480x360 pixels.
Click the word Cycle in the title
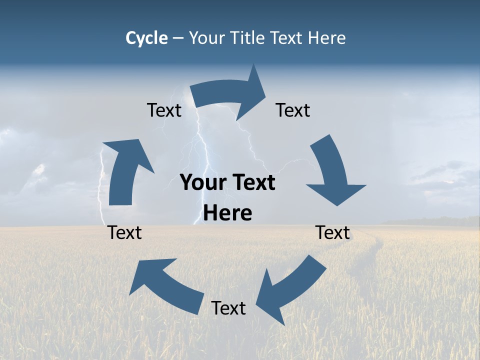click(146, 38)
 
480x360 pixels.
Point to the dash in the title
click(178, 38)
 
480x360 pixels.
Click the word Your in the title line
click(207, 38)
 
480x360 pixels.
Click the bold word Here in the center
click(227, 213)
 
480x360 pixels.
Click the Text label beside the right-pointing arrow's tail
click(164, 110)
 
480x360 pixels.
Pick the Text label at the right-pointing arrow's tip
click(293, 110)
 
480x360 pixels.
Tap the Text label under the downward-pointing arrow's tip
click(333, 232)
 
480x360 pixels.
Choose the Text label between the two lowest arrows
click(228, 308)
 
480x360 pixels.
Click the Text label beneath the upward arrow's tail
click(125, 232)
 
